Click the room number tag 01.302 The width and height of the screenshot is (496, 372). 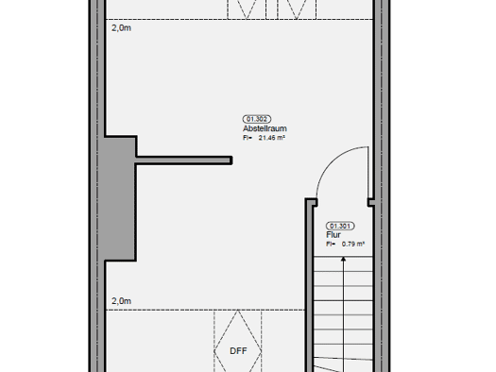pos(257,119)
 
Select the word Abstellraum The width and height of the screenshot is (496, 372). pos(265,128)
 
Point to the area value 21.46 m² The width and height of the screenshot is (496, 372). pos(272,138)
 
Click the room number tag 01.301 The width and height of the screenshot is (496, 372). pos(340,226)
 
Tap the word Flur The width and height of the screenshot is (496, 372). pos(334,235)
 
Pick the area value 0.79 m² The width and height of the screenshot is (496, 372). pos(353,244)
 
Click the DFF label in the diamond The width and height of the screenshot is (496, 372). pos(238,351)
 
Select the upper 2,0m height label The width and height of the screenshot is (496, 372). pos(121,28)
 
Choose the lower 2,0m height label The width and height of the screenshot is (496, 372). pos(121,301)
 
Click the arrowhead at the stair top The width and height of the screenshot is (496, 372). pos(343,259)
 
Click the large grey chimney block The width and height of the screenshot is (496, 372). pos(120,198)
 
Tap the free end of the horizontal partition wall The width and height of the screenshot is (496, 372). pos(231,161)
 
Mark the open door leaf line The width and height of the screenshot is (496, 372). pos(368,173)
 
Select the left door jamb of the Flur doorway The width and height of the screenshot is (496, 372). pos(311,202)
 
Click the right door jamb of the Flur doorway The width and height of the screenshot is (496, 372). pos(371,202)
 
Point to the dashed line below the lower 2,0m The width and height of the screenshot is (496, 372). pos(205,310)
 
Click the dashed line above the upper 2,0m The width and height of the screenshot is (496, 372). pos(239,19)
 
